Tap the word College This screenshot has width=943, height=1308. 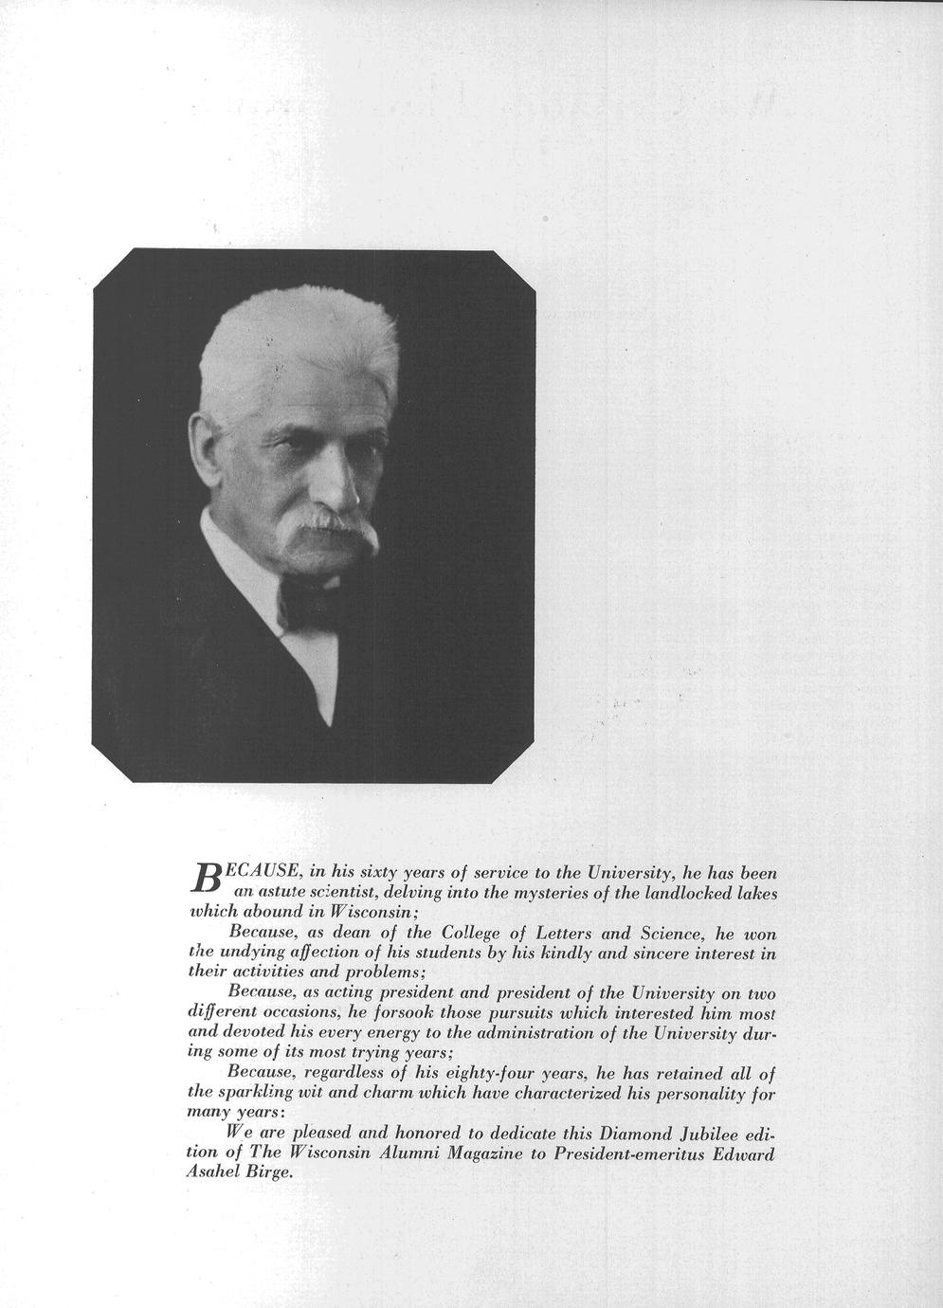click(x=477, y=934)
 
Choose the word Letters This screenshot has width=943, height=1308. click(x=558, y=934)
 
